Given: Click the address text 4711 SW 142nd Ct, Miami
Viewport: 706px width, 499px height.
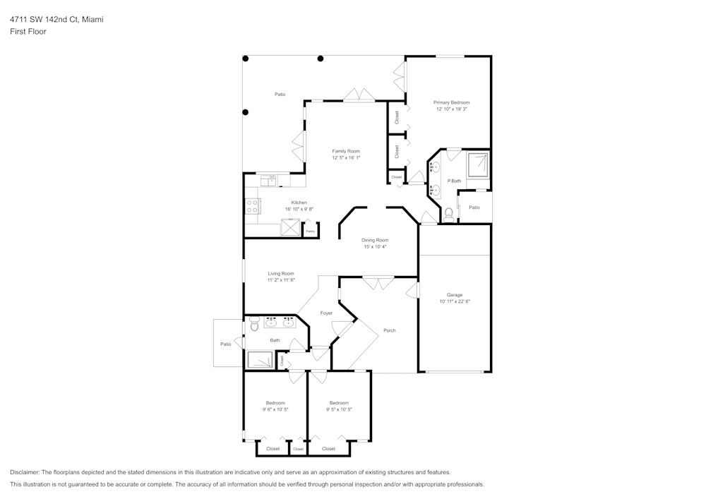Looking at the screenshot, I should tap(56, 20).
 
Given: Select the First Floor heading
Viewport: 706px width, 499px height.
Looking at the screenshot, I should tap(28, 32).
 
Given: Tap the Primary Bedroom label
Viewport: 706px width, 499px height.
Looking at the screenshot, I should tap(452, 102).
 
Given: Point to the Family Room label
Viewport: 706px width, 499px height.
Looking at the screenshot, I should tap(346, 151).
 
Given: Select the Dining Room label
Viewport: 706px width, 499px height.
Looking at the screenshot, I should tap(376, 240).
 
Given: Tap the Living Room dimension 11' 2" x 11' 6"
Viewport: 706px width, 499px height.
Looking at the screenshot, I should tap(281, 281).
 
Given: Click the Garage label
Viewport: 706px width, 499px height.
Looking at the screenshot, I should tap(454, 294).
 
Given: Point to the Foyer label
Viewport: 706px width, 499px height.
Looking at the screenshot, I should tap(326, 313).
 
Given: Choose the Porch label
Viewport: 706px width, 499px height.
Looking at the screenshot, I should tap(389, 330).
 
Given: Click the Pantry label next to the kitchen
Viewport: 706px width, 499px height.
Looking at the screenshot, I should tap(310, 231).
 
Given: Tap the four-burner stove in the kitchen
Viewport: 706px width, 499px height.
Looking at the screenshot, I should tap(252, 206).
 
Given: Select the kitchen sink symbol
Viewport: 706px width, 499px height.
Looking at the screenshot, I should tap(269, 181).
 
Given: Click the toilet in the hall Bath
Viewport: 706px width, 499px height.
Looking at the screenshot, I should tap(253, 325).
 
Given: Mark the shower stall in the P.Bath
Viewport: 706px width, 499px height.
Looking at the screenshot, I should tap(478, 164).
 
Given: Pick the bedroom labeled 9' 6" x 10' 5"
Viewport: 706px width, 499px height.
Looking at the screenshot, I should tap(275, 406).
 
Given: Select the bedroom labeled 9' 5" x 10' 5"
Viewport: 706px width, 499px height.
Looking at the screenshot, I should tap(339, 406).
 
